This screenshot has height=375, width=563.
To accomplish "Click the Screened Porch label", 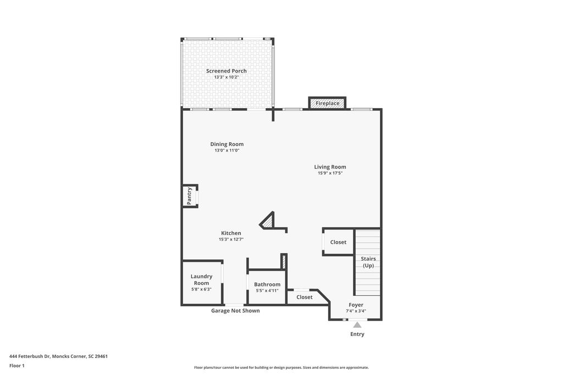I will pos(226,71).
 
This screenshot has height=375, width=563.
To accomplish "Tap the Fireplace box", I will pos(327,103).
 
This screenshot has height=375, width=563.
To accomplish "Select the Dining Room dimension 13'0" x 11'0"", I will pos(227,150).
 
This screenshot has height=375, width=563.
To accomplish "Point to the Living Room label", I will pos(330,167).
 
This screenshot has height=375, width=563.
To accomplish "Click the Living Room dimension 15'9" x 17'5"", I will pos(330,173).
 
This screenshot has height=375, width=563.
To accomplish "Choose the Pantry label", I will pos(190,196).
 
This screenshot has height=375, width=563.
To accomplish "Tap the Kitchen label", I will pos(231,233).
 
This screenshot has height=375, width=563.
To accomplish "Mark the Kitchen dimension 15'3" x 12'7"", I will pos(231,239).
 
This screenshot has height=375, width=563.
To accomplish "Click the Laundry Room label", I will pos(201,279).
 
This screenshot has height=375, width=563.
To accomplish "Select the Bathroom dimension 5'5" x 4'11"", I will pos(267,291).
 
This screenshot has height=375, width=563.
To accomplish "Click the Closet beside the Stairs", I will pos(338,242).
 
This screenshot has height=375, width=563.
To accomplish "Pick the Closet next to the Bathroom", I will pos(304,297).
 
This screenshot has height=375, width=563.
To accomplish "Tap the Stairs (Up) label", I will pos(368,262).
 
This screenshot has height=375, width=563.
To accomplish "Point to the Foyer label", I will pos(356,305).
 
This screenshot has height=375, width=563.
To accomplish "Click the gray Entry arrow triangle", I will pos(357,325).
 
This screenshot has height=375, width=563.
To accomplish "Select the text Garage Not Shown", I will pos(235,311).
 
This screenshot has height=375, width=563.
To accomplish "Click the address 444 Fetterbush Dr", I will pos(58,356).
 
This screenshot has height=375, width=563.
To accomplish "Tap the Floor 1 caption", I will pos(17,365).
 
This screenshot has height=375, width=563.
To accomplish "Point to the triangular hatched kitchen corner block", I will pos(267,221).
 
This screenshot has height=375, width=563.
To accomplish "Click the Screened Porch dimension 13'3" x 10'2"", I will pos(226,77).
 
